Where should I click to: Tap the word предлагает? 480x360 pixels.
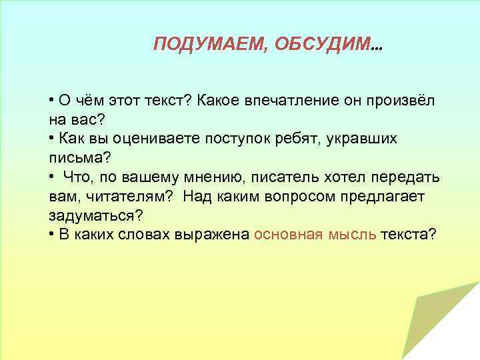click(389, 197)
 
